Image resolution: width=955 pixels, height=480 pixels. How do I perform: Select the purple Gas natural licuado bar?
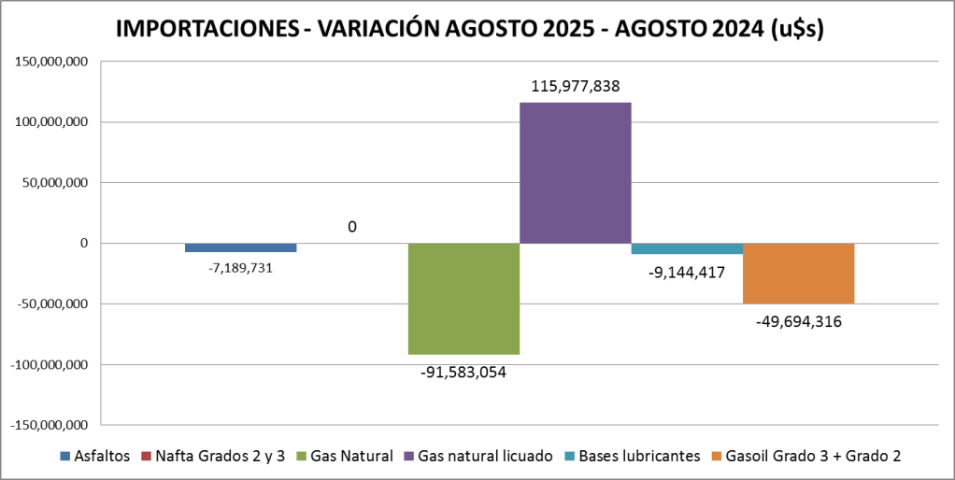pos(575,173)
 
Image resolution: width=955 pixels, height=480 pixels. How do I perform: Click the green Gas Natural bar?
pos(463,299)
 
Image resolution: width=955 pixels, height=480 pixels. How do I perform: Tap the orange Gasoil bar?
pos(798,273)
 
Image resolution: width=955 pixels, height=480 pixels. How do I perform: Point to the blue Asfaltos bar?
pos(240,247)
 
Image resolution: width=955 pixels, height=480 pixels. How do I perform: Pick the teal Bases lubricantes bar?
pos(687,248)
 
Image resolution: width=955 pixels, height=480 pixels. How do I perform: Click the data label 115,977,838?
pos(576,87)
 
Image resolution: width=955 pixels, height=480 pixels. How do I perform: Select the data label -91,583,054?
pos(463,372)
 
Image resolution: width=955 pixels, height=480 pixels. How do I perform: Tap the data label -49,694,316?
pos(799,322)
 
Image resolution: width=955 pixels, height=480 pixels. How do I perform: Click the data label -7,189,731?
pos(240,267)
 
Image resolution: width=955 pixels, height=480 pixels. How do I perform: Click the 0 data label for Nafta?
pos(352,227)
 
